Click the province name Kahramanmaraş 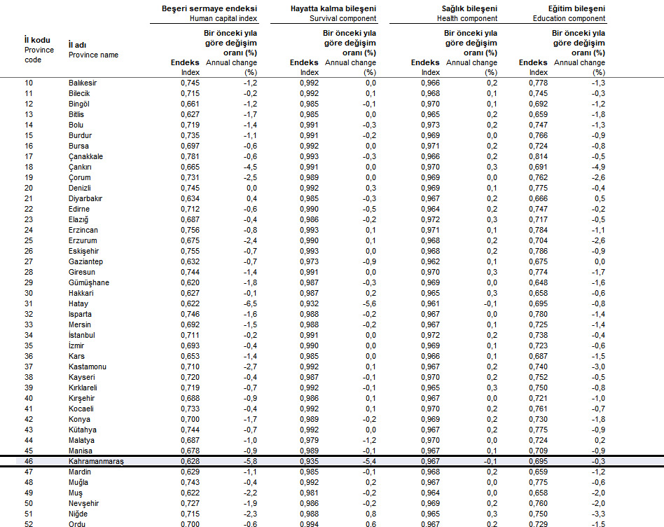coord(96,462)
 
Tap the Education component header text coord(579,19)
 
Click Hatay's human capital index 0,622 coord(190,304)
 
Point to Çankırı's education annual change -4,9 coord(597,167)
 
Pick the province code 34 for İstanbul coord(29,336)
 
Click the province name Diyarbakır coord(86,199)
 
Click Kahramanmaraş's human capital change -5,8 coord(249,462)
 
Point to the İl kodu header coord(36,40)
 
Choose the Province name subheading coord(93,55)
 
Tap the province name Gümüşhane coord(88,283)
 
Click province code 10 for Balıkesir coord(29,83)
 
